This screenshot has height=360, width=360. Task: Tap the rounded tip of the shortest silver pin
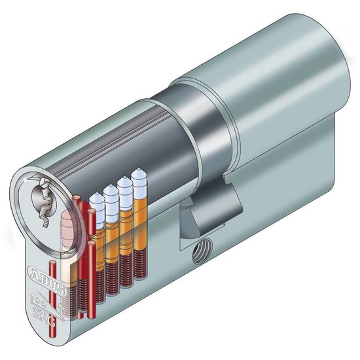click(x=96, y=197)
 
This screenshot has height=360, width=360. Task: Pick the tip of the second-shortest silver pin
click(x=110, y=190)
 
